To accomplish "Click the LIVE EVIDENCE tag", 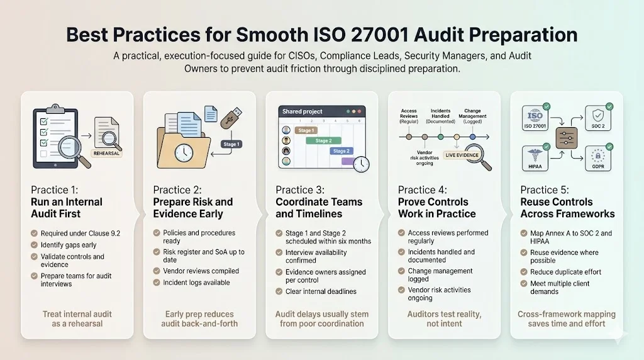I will pos(462,155).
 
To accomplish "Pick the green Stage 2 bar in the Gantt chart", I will pos(323,141).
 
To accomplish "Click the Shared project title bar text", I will pos(303,111).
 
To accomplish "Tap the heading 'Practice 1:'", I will pos(53,189).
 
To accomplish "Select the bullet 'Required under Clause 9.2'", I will pos(80,233).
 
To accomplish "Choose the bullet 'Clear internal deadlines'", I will pos(321,291).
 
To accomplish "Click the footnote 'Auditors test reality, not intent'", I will pos(443,318).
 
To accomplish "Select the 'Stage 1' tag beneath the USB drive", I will pos(231,144).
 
